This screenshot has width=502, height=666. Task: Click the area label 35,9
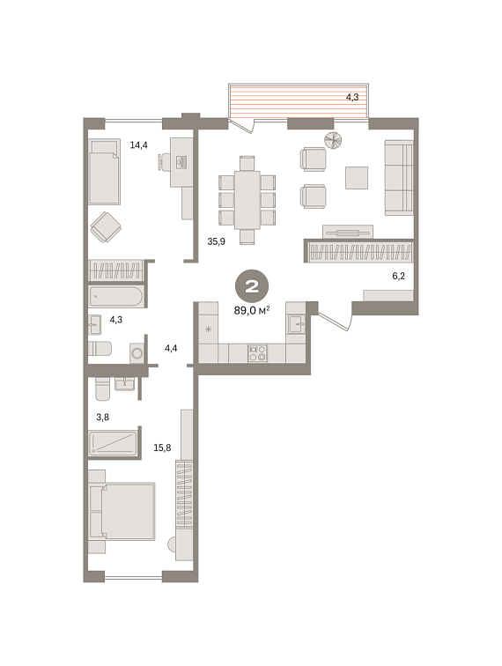tap(216, 241)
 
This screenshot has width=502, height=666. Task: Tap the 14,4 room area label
tap(139, 145)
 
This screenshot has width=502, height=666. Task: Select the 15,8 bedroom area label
tap(162, 448)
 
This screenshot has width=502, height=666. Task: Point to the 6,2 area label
tap(398, 276)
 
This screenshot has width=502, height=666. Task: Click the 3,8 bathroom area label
tap(103, 418)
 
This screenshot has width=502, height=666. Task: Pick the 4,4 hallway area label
tap(171, 348)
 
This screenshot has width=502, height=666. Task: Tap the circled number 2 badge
tap(252, 285)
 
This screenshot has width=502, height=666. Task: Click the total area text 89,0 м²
tap(252, 310)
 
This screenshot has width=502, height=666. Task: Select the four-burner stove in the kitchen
tap(258, 353)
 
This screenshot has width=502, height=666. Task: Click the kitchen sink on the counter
tap(296, 324)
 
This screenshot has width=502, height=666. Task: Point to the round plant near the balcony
tap(334, 140)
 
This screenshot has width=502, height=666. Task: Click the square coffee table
tap(357, 178)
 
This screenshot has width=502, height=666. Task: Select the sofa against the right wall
tap(399, 178)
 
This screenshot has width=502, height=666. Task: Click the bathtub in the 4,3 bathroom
tap(116, 297)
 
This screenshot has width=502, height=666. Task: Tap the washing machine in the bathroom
tap(137, 353)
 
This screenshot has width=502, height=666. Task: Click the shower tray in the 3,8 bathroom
tap(114, 443)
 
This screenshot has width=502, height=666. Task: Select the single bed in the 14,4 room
tap(105, 173)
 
